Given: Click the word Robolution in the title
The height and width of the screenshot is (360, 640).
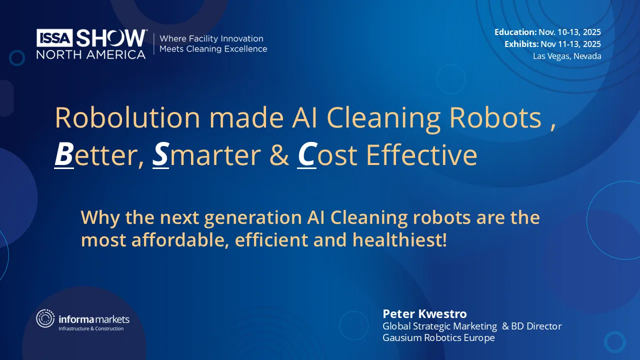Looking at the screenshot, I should coord(127,118).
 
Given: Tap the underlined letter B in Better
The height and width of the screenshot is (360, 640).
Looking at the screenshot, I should coord(63,155).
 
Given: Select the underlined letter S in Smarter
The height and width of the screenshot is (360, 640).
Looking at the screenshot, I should coord(160,155).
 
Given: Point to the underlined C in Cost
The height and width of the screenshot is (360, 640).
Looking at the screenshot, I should coord(306,155).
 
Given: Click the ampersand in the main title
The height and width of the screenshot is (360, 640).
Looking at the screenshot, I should coord(279,155).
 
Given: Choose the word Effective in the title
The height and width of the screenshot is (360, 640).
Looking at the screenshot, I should coord(421,155).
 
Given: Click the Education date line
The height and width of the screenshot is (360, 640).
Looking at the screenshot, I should coord(547,32).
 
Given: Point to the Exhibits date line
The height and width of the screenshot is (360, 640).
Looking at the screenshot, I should coord(552,44).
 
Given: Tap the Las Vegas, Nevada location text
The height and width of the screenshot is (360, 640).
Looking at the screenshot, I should coord(567,56).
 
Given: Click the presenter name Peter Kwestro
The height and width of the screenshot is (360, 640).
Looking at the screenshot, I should coord(424,313).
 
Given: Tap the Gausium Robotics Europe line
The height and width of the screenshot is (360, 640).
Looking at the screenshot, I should coord(438,338).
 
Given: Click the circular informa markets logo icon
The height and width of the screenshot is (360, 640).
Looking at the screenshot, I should coord(45,318).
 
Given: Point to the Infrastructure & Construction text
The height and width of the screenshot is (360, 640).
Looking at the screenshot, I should coord(91,328).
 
